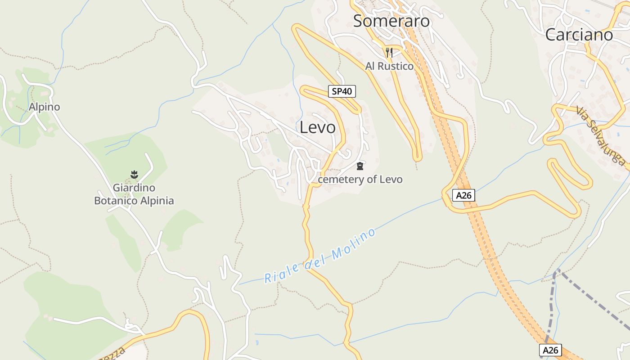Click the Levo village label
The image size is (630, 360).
click(x=318, y=127)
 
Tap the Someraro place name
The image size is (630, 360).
click(x=391, y=21)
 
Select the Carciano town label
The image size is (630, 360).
click(x=579, y=35)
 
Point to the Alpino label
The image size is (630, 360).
click(x=44, y=107)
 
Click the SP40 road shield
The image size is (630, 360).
click(x=342, y=91)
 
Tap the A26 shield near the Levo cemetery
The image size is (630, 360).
click(x=463, y=195)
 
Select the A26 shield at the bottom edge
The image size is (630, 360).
click(x=550, y=350)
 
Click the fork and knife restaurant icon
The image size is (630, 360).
click(x=389, y=53)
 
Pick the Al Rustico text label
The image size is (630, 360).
click(x=389, y=66)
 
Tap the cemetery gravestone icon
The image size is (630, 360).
click(x=360, y=166)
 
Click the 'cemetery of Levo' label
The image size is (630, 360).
click(x=360, y=180)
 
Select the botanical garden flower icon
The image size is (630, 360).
click(x=134, y=174)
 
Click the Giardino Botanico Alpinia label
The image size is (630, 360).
click(x=134, y=194)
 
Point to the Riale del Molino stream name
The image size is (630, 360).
click(x=320, y=256)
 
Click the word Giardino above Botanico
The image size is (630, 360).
click(x=134, y=188)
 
